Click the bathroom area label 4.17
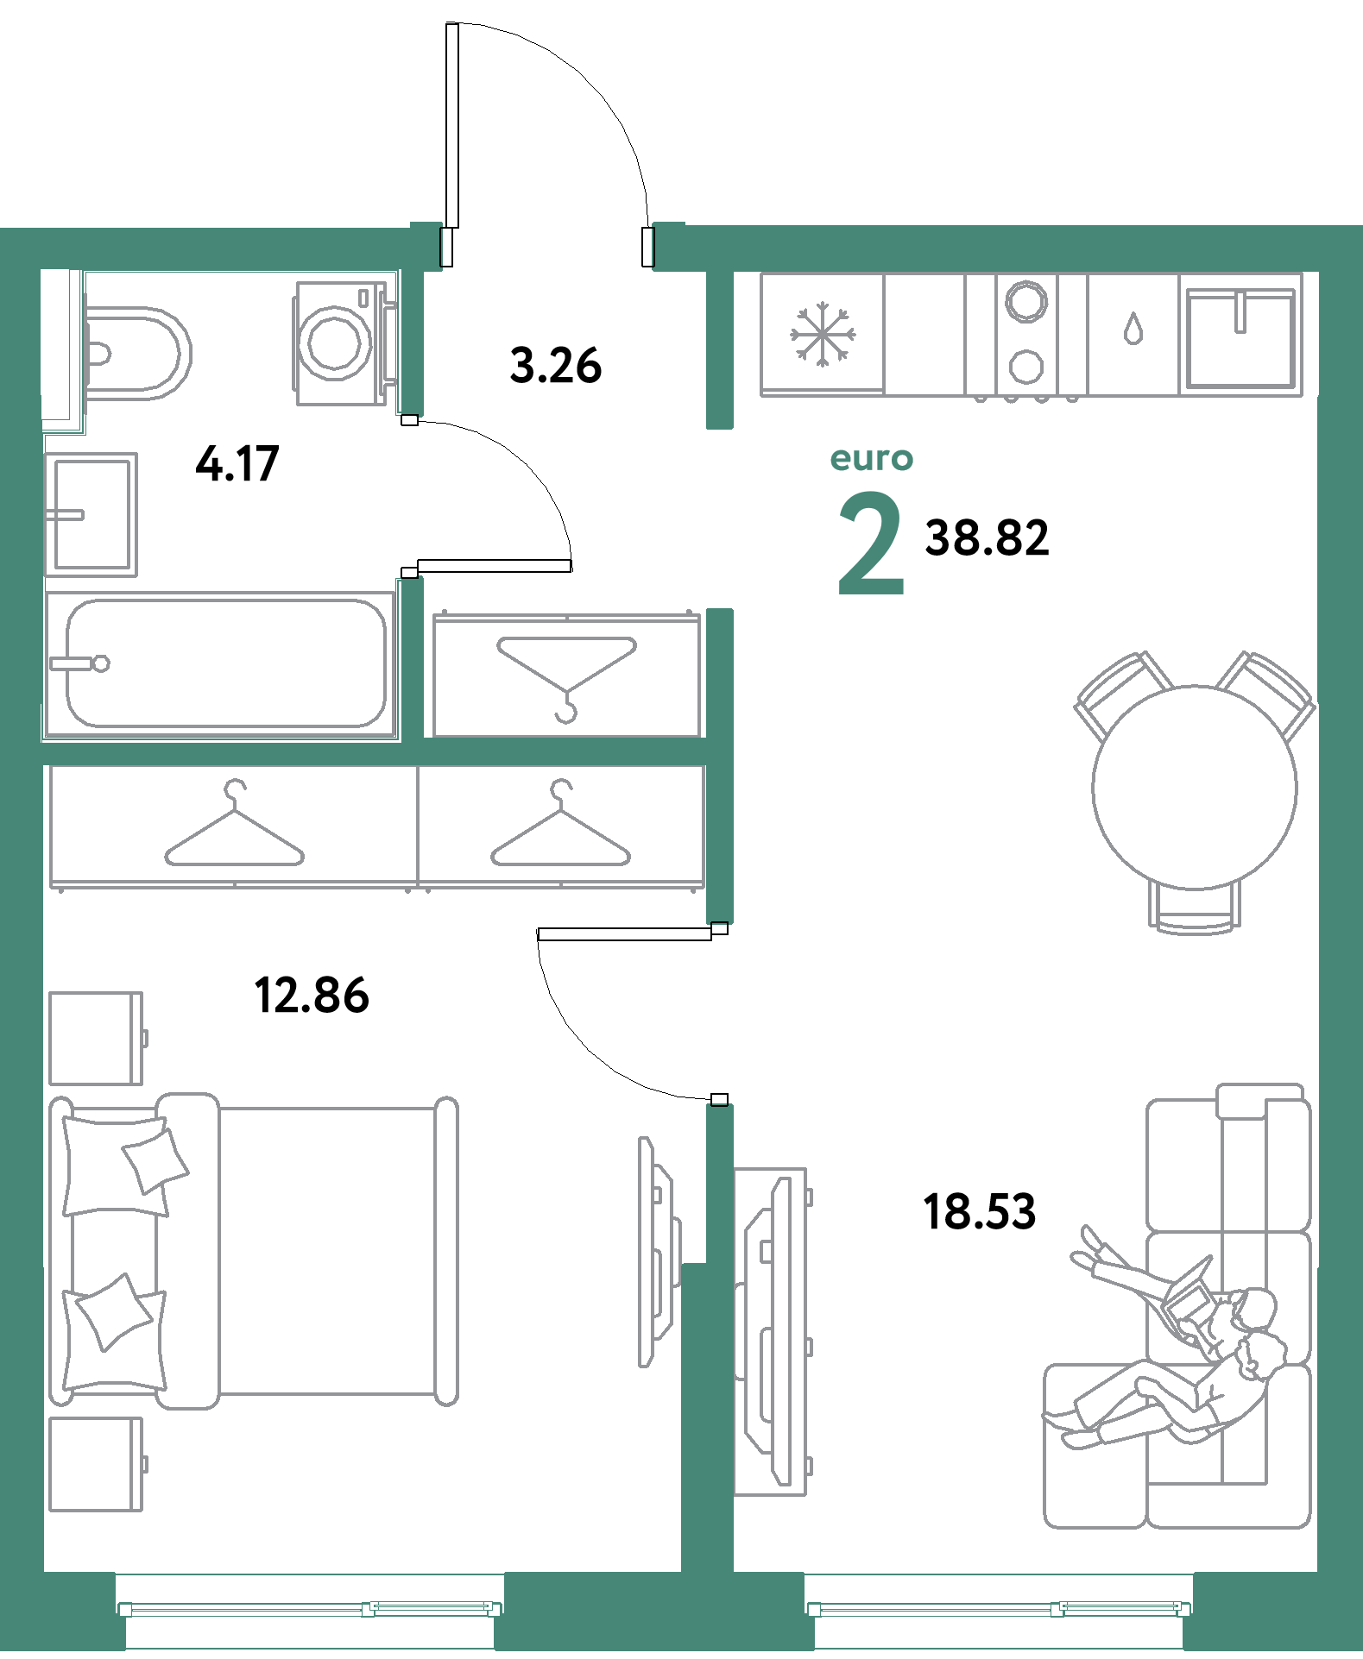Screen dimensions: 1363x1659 click(x=237, y=463)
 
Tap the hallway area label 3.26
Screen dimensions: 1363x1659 click(x=556, y=365)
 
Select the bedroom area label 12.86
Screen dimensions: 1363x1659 click(x=312, y=995)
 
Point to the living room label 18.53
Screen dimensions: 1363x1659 click(x=979, y=1211)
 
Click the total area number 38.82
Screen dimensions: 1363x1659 click(x=987, y=537)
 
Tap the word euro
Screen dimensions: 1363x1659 click(x=871, y=459)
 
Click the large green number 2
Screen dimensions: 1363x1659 click(x=871, y=544)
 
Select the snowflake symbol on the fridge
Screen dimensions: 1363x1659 click(x=823, y=333)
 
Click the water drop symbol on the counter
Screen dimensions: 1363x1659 click(x=1133, y=329)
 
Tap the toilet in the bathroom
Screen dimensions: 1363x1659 click(x=136, y=354)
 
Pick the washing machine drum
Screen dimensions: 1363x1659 click(x=335, y=342)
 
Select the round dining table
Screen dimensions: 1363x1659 click(x=1195, y=787)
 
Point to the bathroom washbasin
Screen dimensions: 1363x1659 click(x=91, y=514)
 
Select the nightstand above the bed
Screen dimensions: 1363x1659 click(x=96, y=1039)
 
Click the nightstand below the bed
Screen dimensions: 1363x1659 click(x=96, y=1465)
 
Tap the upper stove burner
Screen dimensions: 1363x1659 click(x=1025, y=301)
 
